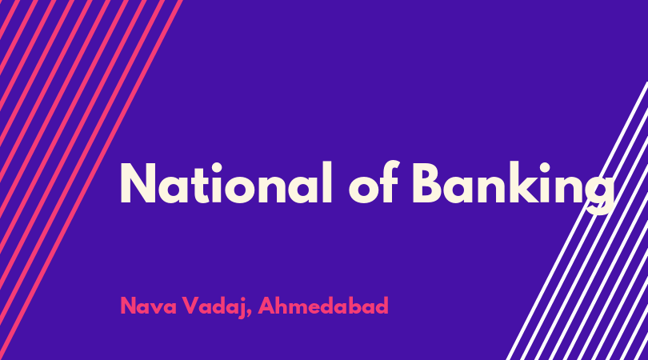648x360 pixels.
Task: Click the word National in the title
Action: pyautogui.click(x=226, y=183)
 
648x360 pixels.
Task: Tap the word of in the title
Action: pyautogui.click(x=373, y=182)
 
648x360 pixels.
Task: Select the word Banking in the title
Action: pyautogui.click(x=514, y=187)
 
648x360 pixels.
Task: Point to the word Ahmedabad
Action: pyautogui.click(x=323, y=306)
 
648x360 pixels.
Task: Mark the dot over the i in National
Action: pyautogui.click(x=218, y=166)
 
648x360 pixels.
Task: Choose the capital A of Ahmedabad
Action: pyautogui.click(x=267, y=306)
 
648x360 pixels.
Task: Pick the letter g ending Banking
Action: pyautogui.click(x=599, y=194)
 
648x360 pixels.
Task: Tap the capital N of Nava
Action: pyautogui.click(x=128, y=306)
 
